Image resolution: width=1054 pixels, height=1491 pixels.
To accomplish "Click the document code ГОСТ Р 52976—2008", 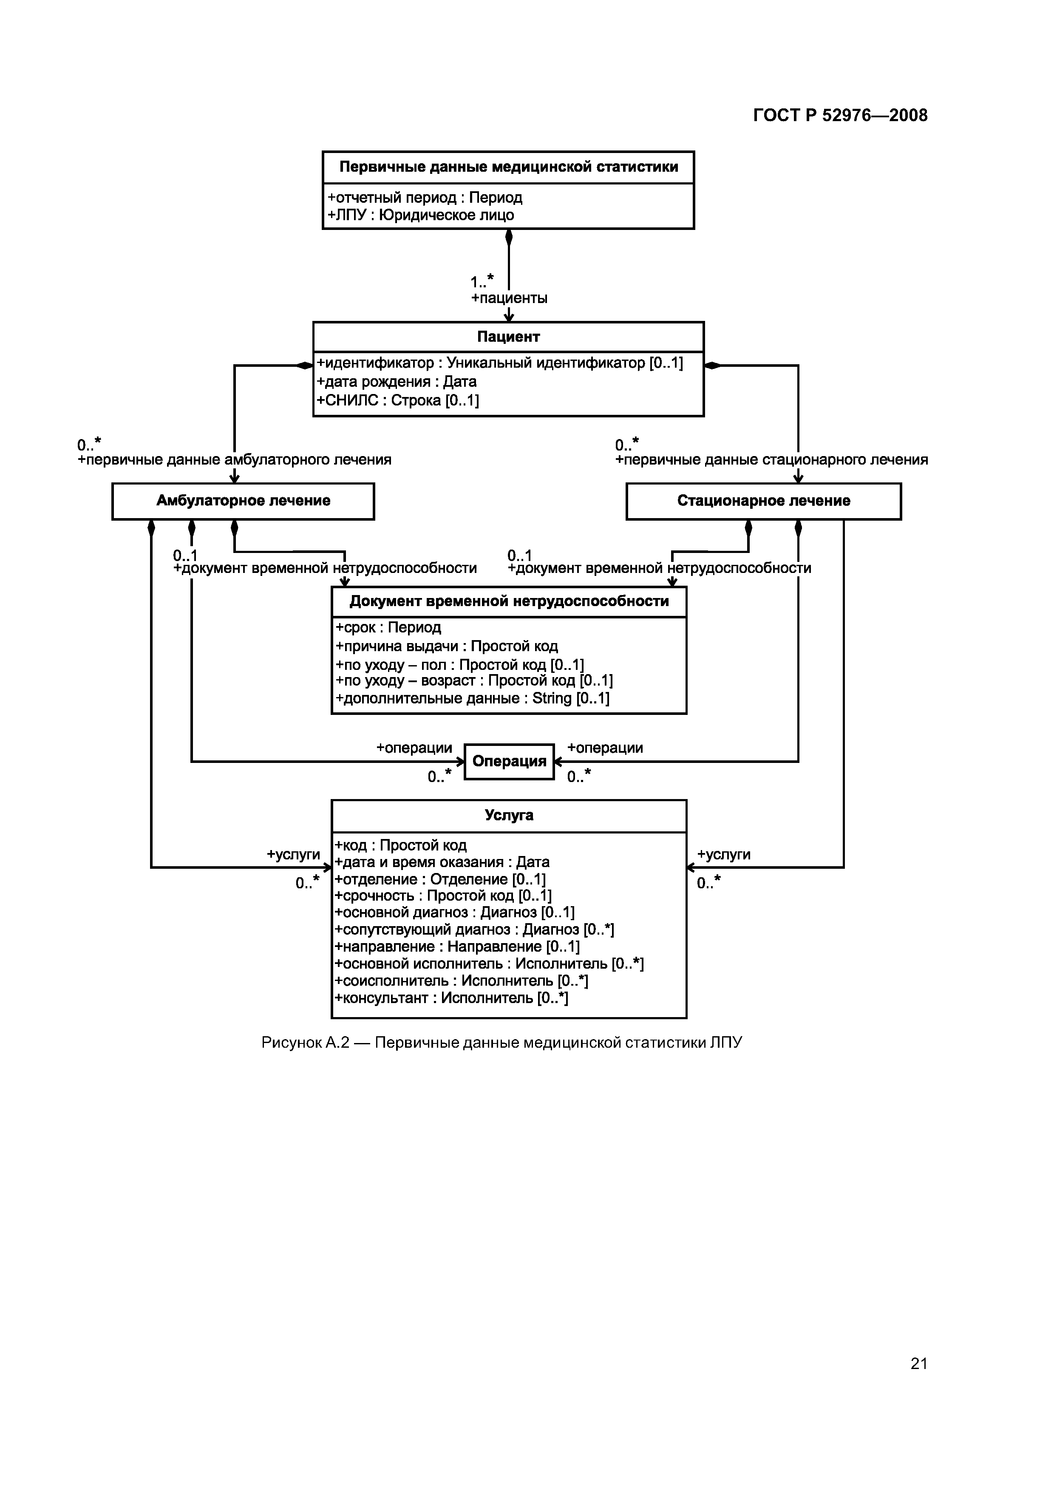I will (840, 116).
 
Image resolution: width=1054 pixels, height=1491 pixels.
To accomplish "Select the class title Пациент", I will (508, 336).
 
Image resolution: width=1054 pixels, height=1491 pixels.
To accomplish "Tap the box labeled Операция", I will (509, 761).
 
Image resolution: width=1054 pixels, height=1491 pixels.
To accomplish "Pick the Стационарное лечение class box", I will (763, 501).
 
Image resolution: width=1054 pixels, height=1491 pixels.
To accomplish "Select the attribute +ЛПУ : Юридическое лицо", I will (421, 215).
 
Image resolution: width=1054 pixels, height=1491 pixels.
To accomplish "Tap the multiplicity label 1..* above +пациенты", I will (482, 281).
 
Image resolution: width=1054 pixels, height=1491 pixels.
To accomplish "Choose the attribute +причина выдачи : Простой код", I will (447, 646).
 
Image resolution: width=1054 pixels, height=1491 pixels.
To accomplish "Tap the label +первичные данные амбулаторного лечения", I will (235, 460).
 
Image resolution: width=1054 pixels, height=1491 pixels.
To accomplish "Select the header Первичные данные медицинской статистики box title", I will (508, 167).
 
